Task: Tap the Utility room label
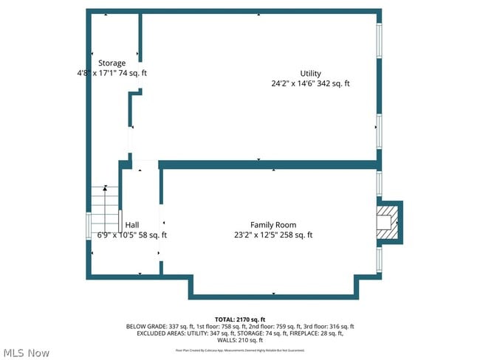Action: (310, 73)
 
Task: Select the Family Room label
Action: (273, 225)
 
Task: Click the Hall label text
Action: (132, 225)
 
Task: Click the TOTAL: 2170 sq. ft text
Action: (239, 319)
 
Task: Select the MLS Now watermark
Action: (26, 353)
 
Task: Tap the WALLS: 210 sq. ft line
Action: (239, 340)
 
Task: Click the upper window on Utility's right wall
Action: (380, 43)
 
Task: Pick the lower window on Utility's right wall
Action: (380, 131)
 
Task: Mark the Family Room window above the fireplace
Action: (380, 183)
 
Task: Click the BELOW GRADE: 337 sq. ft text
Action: (157, 326)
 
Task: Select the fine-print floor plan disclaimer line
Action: (239, 350)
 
